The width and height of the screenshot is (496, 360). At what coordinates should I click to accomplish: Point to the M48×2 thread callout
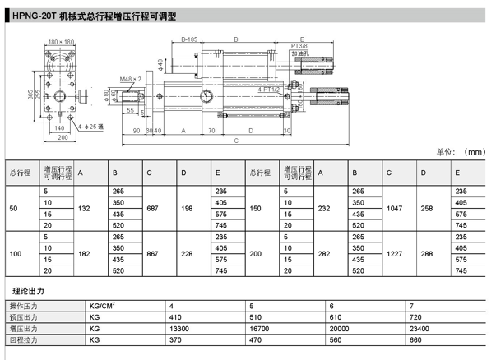point(131,78)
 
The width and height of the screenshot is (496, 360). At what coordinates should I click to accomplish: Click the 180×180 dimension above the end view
point(61,41)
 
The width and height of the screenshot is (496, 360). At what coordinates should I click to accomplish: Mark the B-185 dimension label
point(190,39)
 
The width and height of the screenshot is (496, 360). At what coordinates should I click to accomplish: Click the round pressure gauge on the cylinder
point(207,96)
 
